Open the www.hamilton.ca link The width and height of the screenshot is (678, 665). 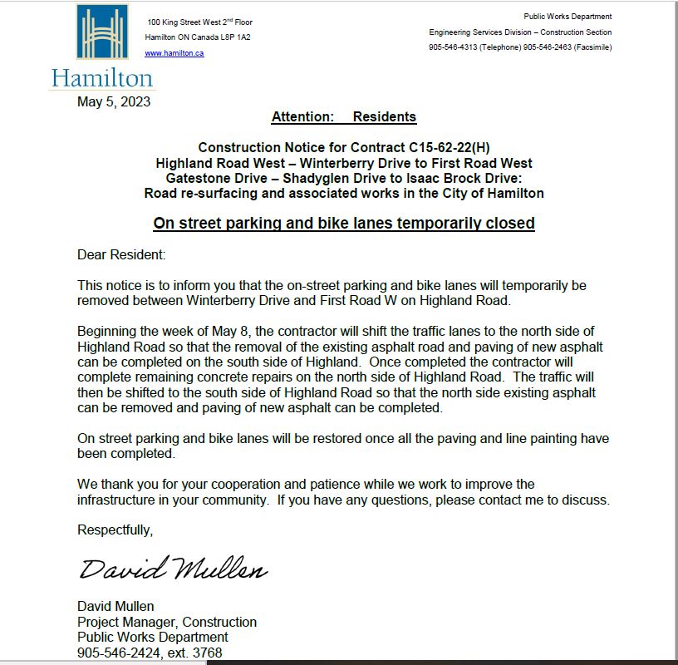(x=174, y=53)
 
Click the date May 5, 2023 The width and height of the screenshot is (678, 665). (x=114, y=102)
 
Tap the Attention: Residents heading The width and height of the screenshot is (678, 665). (x=343, y=117)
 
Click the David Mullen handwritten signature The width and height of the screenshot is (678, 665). (x=173, y=569)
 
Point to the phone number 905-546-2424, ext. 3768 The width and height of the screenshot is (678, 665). (x=150, y=653)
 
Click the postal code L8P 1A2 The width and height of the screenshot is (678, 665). (x=233, y=37)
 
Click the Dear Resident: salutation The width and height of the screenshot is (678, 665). (x=121, y=254)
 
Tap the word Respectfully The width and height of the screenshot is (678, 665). (x=115, y=530)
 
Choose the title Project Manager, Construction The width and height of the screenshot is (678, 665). (x=166, y=622)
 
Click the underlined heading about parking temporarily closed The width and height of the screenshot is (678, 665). (x=344, y=223)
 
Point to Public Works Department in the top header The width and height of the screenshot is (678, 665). (x=567, y=17)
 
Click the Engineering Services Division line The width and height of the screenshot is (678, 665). (x=520, y=32)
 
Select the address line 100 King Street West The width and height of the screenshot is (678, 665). (x=199, y=22)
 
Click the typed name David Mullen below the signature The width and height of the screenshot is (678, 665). (x=115, y=606)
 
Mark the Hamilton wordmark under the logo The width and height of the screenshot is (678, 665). (x=102, y=79)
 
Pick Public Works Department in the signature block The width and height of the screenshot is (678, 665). (x=152, y=638)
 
